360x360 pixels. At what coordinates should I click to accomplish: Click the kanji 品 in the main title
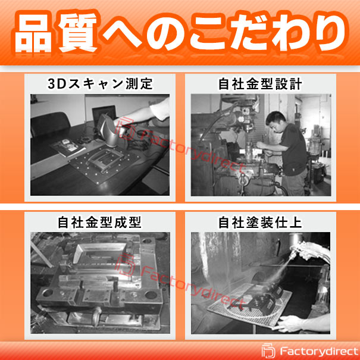click(x=33, y=33)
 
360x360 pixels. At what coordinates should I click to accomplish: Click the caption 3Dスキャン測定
click(x=100, y=83)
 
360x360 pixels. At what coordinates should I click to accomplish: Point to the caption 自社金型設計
click(x=260, y=83)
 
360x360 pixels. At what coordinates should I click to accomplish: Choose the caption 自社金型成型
click(x=99, y=222)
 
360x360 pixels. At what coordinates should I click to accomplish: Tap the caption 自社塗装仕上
click(x=260, y=222)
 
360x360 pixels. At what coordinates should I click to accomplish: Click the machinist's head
click(x=276, y=121)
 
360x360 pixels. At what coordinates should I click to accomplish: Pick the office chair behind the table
click(x=50, y=124)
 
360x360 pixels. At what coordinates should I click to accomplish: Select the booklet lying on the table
click(x=68, y=148)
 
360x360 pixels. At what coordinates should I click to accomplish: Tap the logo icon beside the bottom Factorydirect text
click(x=268, y=351)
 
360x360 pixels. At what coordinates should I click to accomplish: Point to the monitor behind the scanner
click(x=104, y=114)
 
